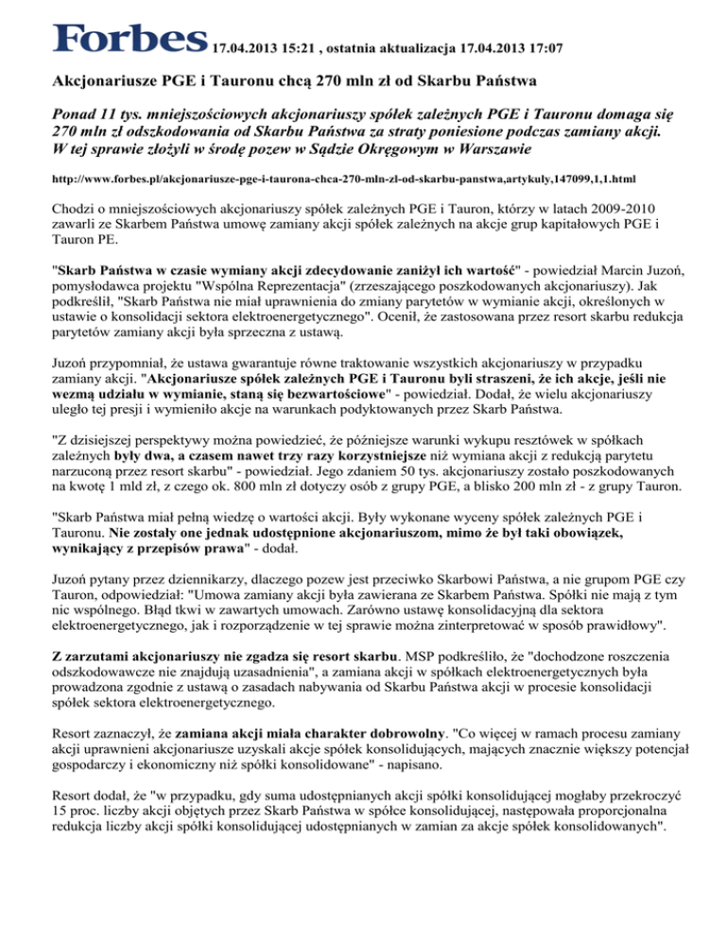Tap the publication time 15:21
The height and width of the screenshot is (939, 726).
point(304,45)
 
